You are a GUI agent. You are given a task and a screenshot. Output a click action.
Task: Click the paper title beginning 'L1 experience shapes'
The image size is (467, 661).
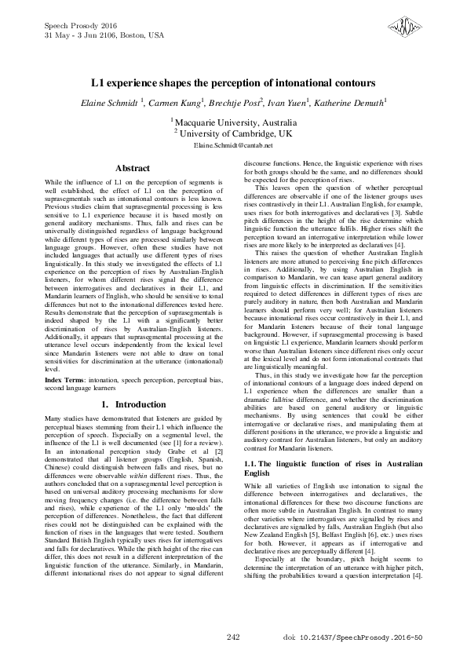(233, 82)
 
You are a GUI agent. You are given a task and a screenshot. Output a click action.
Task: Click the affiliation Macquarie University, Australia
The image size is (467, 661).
(235, 123)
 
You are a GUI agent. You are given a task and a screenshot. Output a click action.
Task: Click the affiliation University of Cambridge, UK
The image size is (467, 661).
(235, 133)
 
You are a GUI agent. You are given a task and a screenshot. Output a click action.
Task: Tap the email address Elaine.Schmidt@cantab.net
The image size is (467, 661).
(233, 145)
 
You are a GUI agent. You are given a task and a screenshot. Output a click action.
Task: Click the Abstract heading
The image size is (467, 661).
(133, 168)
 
